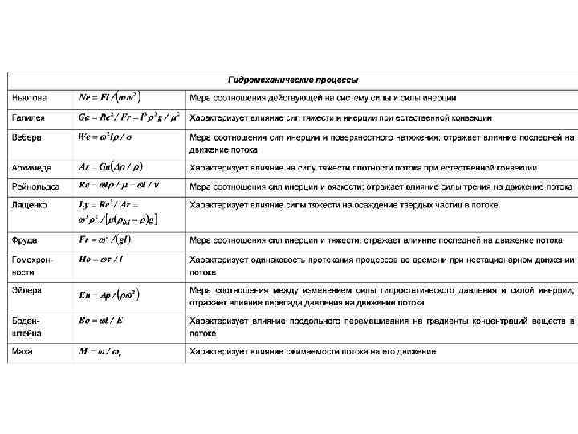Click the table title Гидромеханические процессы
tap(293, 80)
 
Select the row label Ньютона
tap(30, 98)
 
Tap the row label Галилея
tap(28, 117)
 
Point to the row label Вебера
tap(26, 137)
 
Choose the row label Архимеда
tap(32, 168)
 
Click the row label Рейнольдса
tap(35, 186)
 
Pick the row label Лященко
tap(30, 205)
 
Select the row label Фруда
tap(24, 240)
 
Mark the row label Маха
tap(22, 351)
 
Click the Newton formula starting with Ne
tap(108, 97)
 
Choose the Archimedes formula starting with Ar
tap(111, 167)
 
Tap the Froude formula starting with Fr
tap(105, 240)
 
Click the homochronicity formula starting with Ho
tap(101, 260)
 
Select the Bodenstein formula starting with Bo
tap(101, 321)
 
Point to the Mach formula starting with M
tap(101, 351)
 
